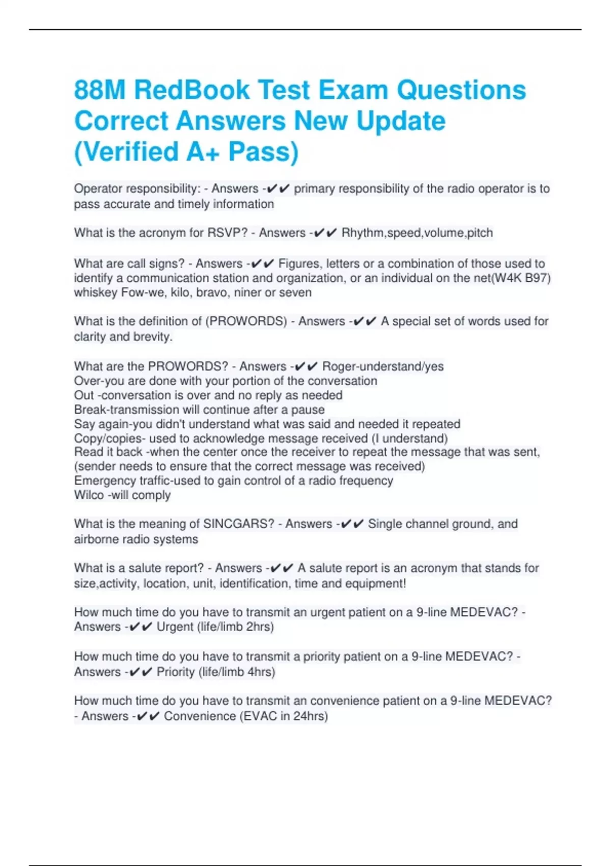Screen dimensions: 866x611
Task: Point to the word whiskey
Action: click(96, 293)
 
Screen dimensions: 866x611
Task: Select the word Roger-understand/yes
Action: click(383, 366)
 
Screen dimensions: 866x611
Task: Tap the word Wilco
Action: click(89, 495)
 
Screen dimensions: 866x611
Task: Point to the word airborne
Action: click(97, 539)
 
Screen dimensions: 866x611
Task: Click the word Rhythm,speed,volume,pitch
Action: click(417, 233)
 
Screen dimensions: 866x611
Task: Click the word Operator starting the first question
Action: click(97, 188)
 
